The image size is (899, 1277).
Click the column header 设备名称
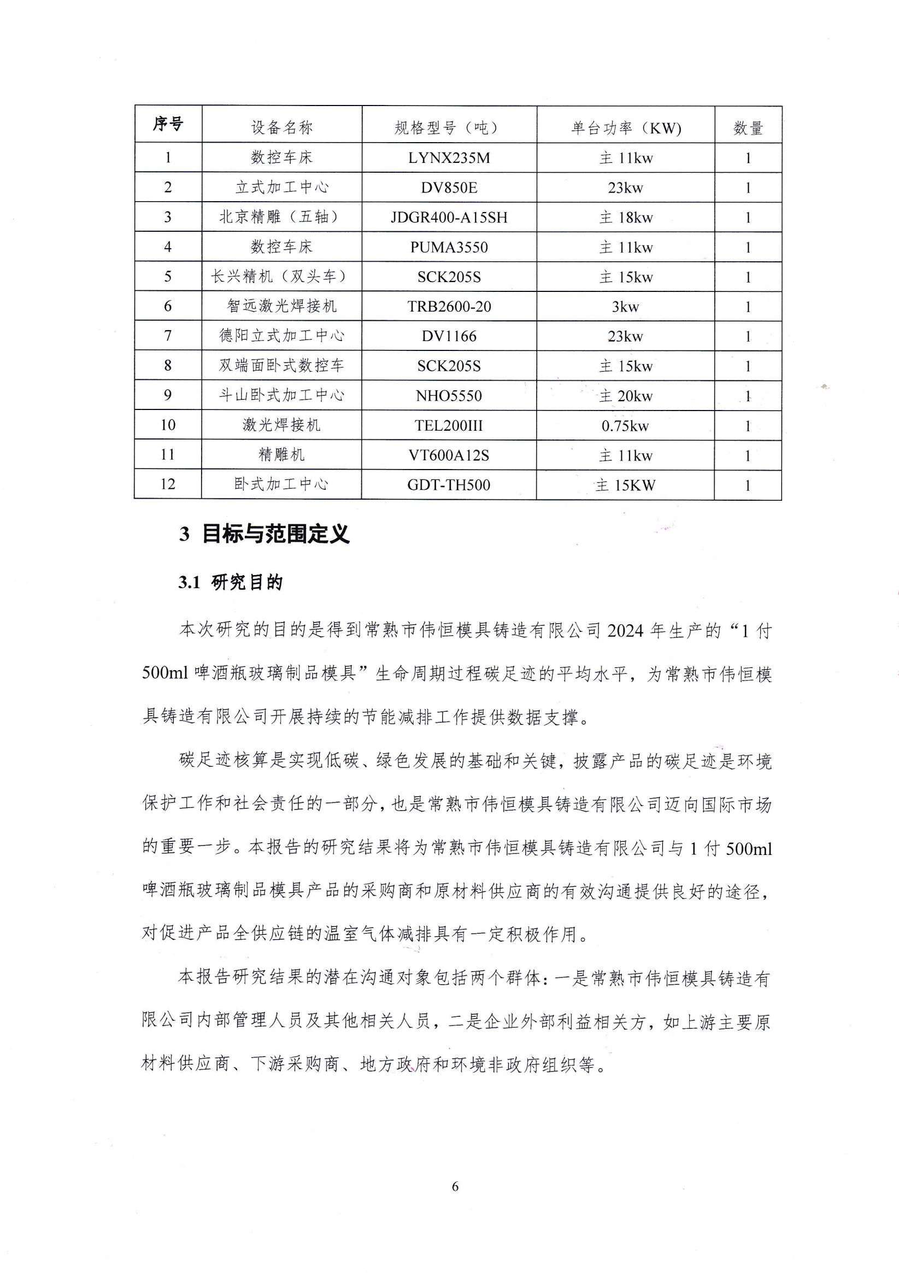tap(282, 128)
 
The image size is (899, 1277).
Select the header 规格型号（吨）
tap(449, 128)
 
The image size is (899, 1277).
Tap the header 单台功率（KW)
tap(625, 128)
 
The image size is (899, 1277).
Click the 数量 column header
tap(748, 128)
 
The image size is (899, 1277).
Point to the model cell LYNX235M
tap(449, 158)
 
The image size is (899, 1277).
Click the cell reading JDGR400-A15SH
tap(449, 218)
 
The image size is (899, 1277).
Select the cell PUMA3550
tap(449, 247)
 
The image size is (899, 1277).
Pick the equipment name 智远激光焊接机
tap(282, 306)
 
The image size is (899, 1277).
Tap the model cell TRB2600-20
tap(449, 307)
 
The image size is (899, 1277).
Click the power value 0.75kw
tap(625, 426)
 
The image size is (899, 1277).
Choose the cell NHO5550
tap(449, 396)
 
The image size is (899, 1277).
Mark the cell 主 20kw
tap(625, 396)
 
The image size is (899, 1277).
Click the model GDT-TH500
tap(449, 485)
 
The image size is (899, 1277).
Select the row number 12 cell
tap(168, 484)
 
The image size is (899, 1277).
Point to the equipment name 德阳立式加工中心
tap(282, 336)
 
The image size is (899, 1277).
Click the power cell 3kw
tap(625, 307)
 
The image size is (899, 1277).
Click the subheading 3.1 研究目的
tap(231, 583)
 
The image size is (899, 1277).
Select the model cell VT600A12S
tap(449, 455)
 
